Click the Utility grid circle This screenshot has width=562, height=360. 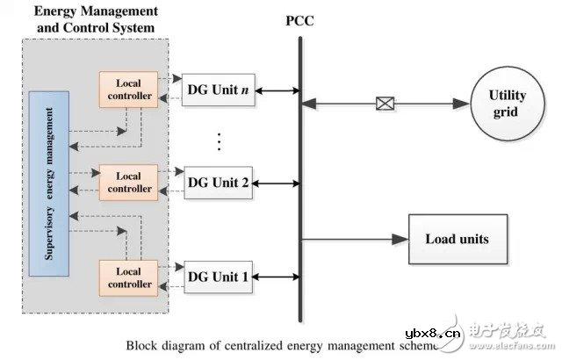(x=506, y=104)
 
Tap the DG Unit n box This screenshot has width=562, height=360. (x=219, y=90)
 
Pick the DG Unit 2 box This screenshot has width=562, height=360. (x=219, y=183)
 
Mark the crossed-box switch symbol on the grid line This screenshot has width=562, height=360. (x=383, y=104)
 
